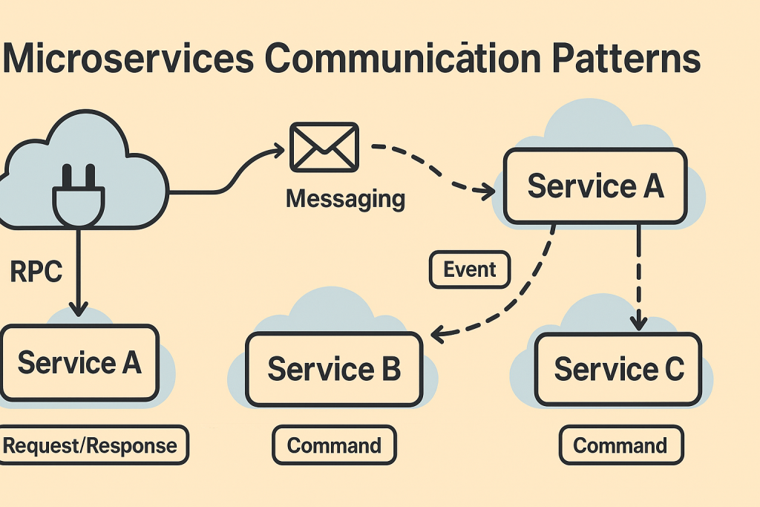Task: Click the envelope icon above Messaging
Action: coord(324,147)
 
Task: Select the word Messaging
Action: coord(345,199)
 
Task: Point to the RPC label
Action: coord(36,272)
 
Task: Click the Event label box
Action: coord(470,270)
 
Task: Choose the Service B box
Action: coord(334,369)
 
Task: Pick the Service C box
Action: coord(617,369)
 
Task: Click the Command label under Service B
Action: coord(334,445)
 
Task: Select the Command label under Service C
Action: coord(620,445)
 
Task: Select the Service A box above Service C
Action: coord(595,186)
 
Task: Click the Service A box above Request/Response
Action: coord(79,363)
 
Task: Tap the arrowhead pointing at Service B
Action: coord(438,336)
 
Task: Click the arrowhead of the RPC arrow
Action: coord(77,309)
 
